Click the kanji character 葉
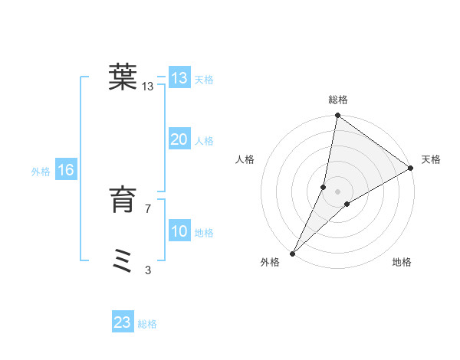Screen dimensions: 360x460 pyautogui.click(x=123, y=77)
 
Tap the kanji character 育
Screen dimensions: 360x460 pyautogui.click(x=123, y=201)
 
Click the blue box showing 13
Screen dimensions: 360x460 pyautogui.click(x=179, y=78)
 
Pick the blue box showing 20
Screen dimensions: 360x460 pyautogui.click(x=179, y=139)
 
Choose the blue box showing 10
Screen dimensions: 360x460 pyautogui.click(x=179, y=231)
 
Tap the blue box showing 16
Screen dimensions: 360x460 pyautogui.click(x=65, y=170)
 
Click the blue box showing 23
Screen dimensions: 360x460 pyautogui.click(x=123, y=322)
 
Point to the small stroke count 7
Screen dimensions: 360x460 pyautogui.click(x=148, y=209)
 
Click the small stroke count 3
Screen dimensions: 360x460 pyautogui.click(x=148, y=270)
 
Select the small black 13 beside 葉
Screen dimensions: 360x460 pyautogui.click(x=148, y=87)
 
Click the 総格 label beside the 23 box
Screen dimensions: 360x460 pyautogui.click(x=148, y=324)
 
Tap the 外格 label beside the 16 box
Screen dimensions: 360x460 pyautogui.click(x=41, y=172)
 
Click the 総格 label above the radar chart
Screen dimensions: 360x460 pyautogui.click(x=338, y=100)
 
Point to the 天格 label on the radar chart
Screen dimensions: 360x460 pyautogui.click(x=431, y=159)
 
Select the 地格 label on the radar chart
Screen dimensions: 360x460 pyautogui.click(x=402, y=262)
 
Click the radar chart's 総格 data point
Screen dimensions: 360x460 pyautogui.click(x=338, y=116)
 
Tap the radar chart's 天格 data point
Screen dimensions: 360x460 pyautogui.click(x=411, y=169)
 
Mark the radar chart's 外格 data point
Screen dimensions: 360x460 pyautogui.click(x=293, y=254)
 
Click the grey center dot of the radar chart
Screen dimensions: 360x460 pyautogui.click(x=338, y=191)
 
